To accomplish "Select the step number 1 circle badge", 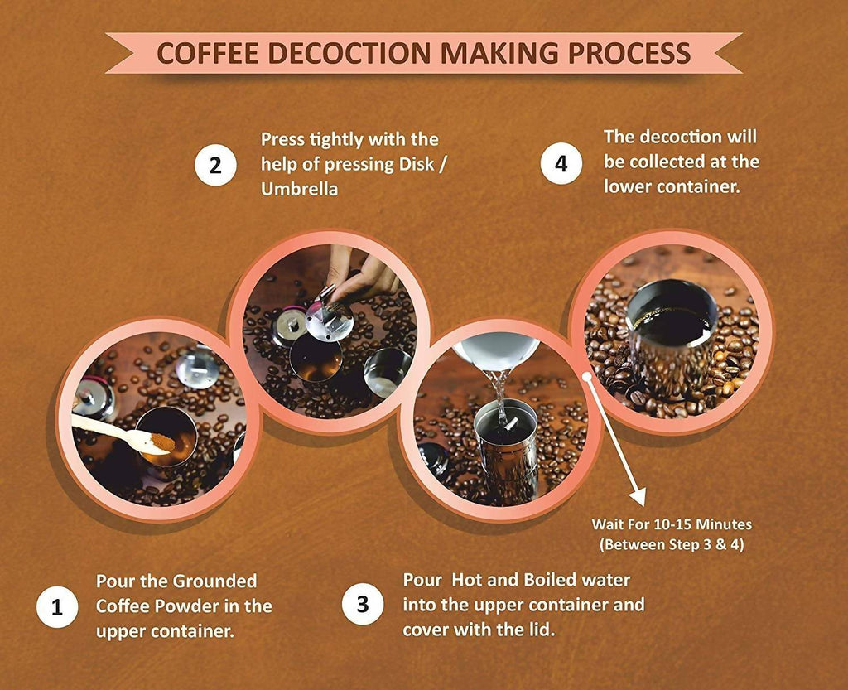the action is click(x=57, y=606).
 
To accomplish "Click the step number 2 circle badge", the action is click(x=215, y=165).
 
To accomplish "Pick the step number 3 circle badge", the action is click(x=363, y=604).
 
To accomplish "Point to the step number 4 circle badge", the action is click(x=561, y=163).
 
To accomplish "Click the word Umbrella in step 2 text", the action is click(x=299, y=189).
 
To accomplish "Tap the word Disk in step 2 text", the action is click(x=417, y=164).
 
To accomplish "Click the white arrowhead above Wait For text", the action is click(x=638, y=496).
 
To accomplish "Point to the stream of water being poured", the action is click(x=501, y=396).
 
